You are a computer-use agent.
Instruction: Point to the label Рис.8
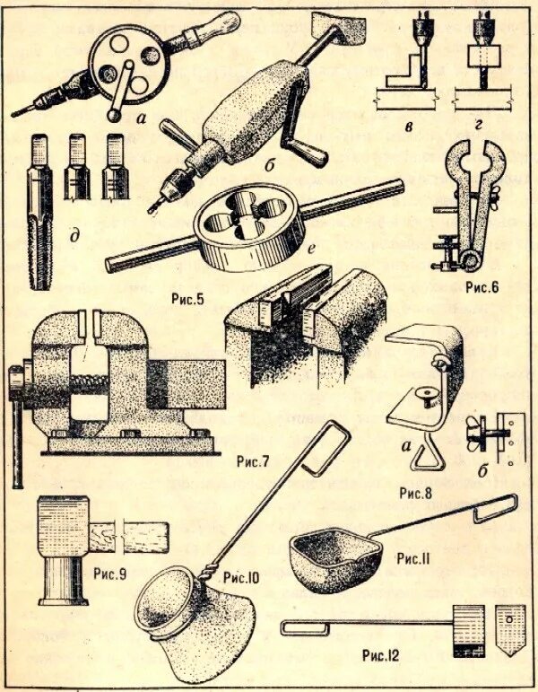click(418, 493)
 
